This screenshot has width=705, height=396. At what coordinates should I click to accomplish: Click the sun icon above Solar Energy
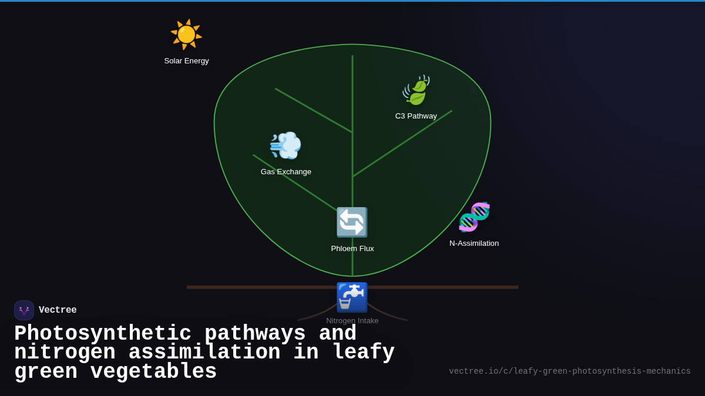tap(186, 34)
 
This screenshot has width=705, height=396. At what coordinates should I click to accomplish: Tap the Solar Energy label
tap(186, 61)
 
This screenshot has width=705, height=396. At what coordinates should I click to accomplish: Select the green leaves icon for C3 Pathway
tap(416, 90)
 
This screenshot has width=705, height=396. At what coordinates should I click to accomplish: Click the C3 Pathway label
tap(416, 116)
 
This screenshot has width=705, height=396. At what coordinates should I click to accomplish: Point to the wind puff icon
tap(286, 145)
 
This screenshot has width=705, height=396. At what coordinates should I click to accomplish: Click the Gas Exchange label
tap(286, 172)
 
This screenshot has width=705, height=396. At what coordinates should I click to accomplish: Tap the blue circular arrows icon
tap(352, 222)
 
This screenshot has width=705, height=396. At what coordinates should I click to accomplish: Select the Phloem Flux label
tap(352, 249)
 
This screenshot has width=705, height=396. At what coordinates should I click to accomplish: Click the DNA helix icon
tap(474, 217)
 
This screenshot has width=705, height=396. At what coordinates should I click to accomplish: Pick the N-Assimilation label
tap(474, 243)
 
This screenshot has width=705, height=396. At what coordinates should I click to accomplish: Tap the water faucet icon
tap(352, 297)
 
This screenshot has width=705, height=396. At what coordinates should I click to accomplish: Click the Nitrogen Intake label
tap(352, 321)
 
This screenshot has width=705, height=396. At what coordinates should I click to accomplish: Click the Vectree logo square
tap(24, 310)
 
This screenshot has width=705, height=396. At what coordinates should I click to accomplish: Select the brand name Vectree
tap(58, 310)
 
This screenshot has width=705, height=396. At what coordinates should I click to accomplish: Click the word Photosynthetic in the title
tap(103, 334)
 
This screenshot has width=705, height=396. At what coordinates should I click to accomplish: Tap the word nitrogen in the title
tap(65, 353)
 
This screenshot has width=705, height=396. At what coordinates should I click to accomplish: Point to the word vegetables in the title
tap(153, 372)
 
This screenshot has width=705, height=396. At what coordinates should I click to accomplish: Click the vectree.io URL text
tap(569, 371)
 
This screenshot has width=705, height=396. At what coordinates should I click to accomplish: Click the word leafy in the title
tap(363, 353)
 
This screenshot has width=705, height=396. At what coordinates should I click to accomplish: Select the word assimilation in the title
tap(204, 353)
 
